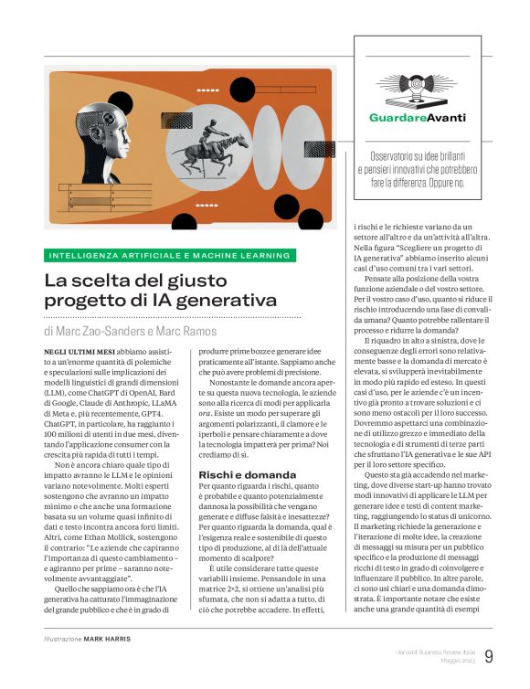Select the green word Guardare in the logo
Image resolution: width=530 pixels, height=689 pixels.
coord(395,118)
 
